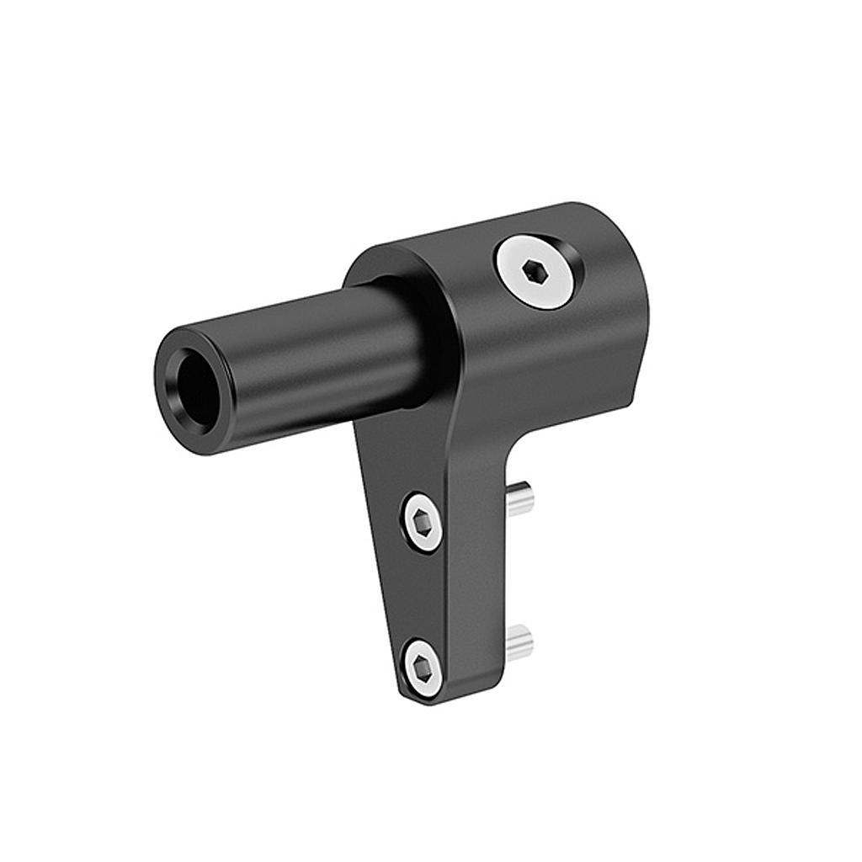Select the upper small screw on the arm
[423, 522]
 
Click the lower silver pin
[520, 640]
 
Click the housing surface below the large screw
[547, 362]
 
